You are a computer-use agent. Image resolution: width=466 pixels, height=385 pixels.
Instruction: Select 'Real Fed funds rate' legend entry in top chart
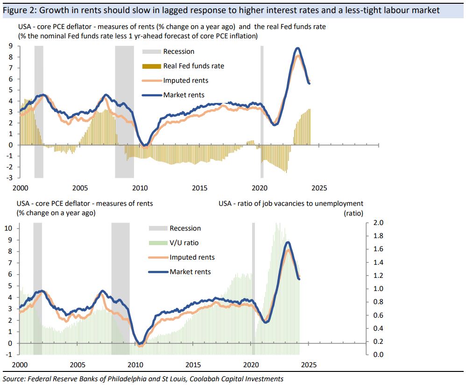(193, 66)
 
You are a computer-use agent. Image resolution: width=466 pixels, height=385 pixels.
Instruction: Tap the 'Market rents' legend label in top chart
(184, 95)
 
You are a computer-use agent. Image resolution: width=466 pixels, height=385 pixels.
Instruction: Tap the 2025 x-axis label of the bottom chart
(311, 364)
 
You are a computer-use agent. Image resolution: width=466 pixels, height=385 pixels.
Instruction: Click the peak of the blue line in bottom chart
(288, 242)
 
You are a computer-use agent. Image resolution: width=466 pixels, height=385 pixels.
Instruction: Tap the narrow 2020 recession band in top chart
(262, 112)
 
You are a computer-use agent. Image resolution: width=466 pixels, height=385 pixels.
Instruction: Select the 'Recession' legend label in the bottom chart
(185, 228)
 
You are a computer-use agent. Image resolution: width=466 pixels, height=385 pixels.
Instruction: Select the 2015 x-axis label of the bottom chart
(194, 364)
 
